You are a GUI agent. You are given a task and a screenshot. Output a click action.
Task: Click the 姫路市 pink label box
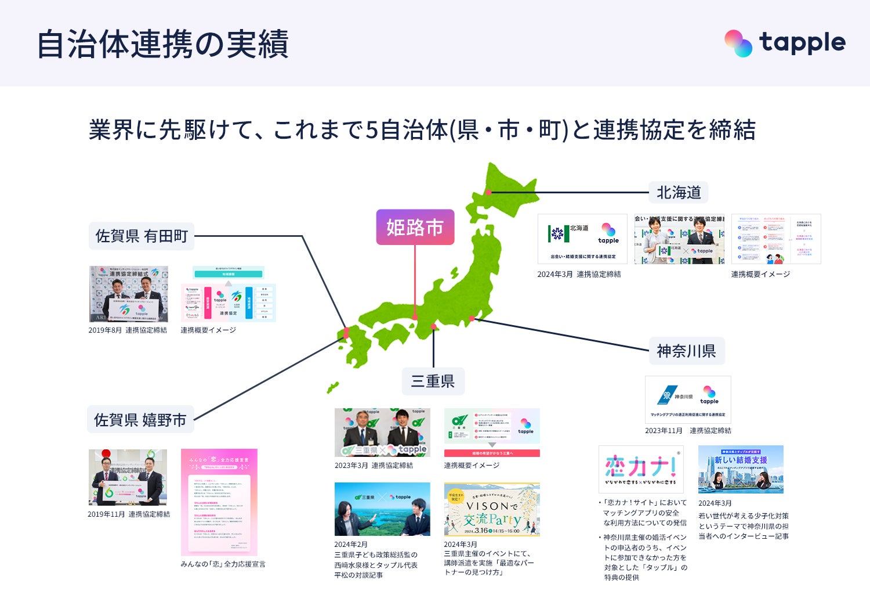coord(415,227)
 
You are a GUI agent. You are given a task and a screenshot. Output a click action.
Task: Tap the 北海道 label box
coord(678,192)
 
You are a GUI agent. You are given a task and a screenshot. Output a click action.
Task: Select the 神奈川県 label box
coord(686,351)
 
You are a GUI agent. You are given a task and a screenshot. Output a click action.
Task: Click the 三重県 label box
coord(433,381)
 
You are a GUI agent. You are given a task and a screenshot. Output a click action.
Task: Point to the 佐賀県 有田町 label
coord(142,236)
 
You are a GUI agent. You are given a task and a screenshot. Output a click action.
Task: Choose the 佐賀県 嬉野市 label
coord(140,419)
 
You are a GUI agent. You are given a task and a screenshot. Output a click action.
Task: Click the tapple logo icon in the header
coord(738,44)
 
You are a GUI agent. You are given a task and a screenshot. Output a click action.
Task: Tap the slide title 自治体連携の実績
coord(162,44)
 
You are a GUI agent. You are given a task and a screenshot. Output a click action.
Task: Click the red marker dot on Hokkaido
coord(489,192)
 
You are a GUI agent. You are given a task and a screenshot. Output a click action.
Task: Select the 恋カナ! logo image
coord(641,469)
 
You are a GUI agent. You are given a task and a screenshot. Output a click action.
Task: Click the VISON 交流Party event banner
coord(492,509)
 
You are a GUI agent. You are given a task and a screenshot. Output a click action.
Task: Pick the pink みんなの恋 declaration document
coord(219,502)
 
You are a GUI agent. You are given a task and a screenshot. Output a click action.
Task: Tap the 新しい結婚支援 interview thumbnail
coord(741,469)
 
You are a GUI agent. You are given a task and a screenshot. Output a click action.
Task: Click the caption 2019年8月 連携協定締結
coord(128,330)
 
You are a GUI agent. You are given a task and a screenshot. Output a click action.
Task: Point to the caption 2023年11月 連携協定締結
coord(688,431)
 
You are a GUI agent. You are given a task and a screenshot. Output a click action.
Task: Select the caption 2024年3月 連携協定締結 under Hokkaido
coord(579,274)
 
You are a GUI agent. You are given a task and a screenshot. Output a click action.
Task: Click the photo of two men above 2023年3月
coord(382,432)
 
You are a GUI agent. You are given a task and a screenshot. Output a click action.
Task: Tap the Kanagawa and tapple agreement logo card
coord(688,399)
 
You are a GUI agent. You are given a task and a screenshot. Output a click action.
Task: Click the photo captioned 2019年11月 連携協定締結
coord(128,477)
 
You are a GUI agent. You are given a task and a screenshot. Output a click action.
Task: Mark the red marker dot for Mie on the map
coord(433,327)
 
